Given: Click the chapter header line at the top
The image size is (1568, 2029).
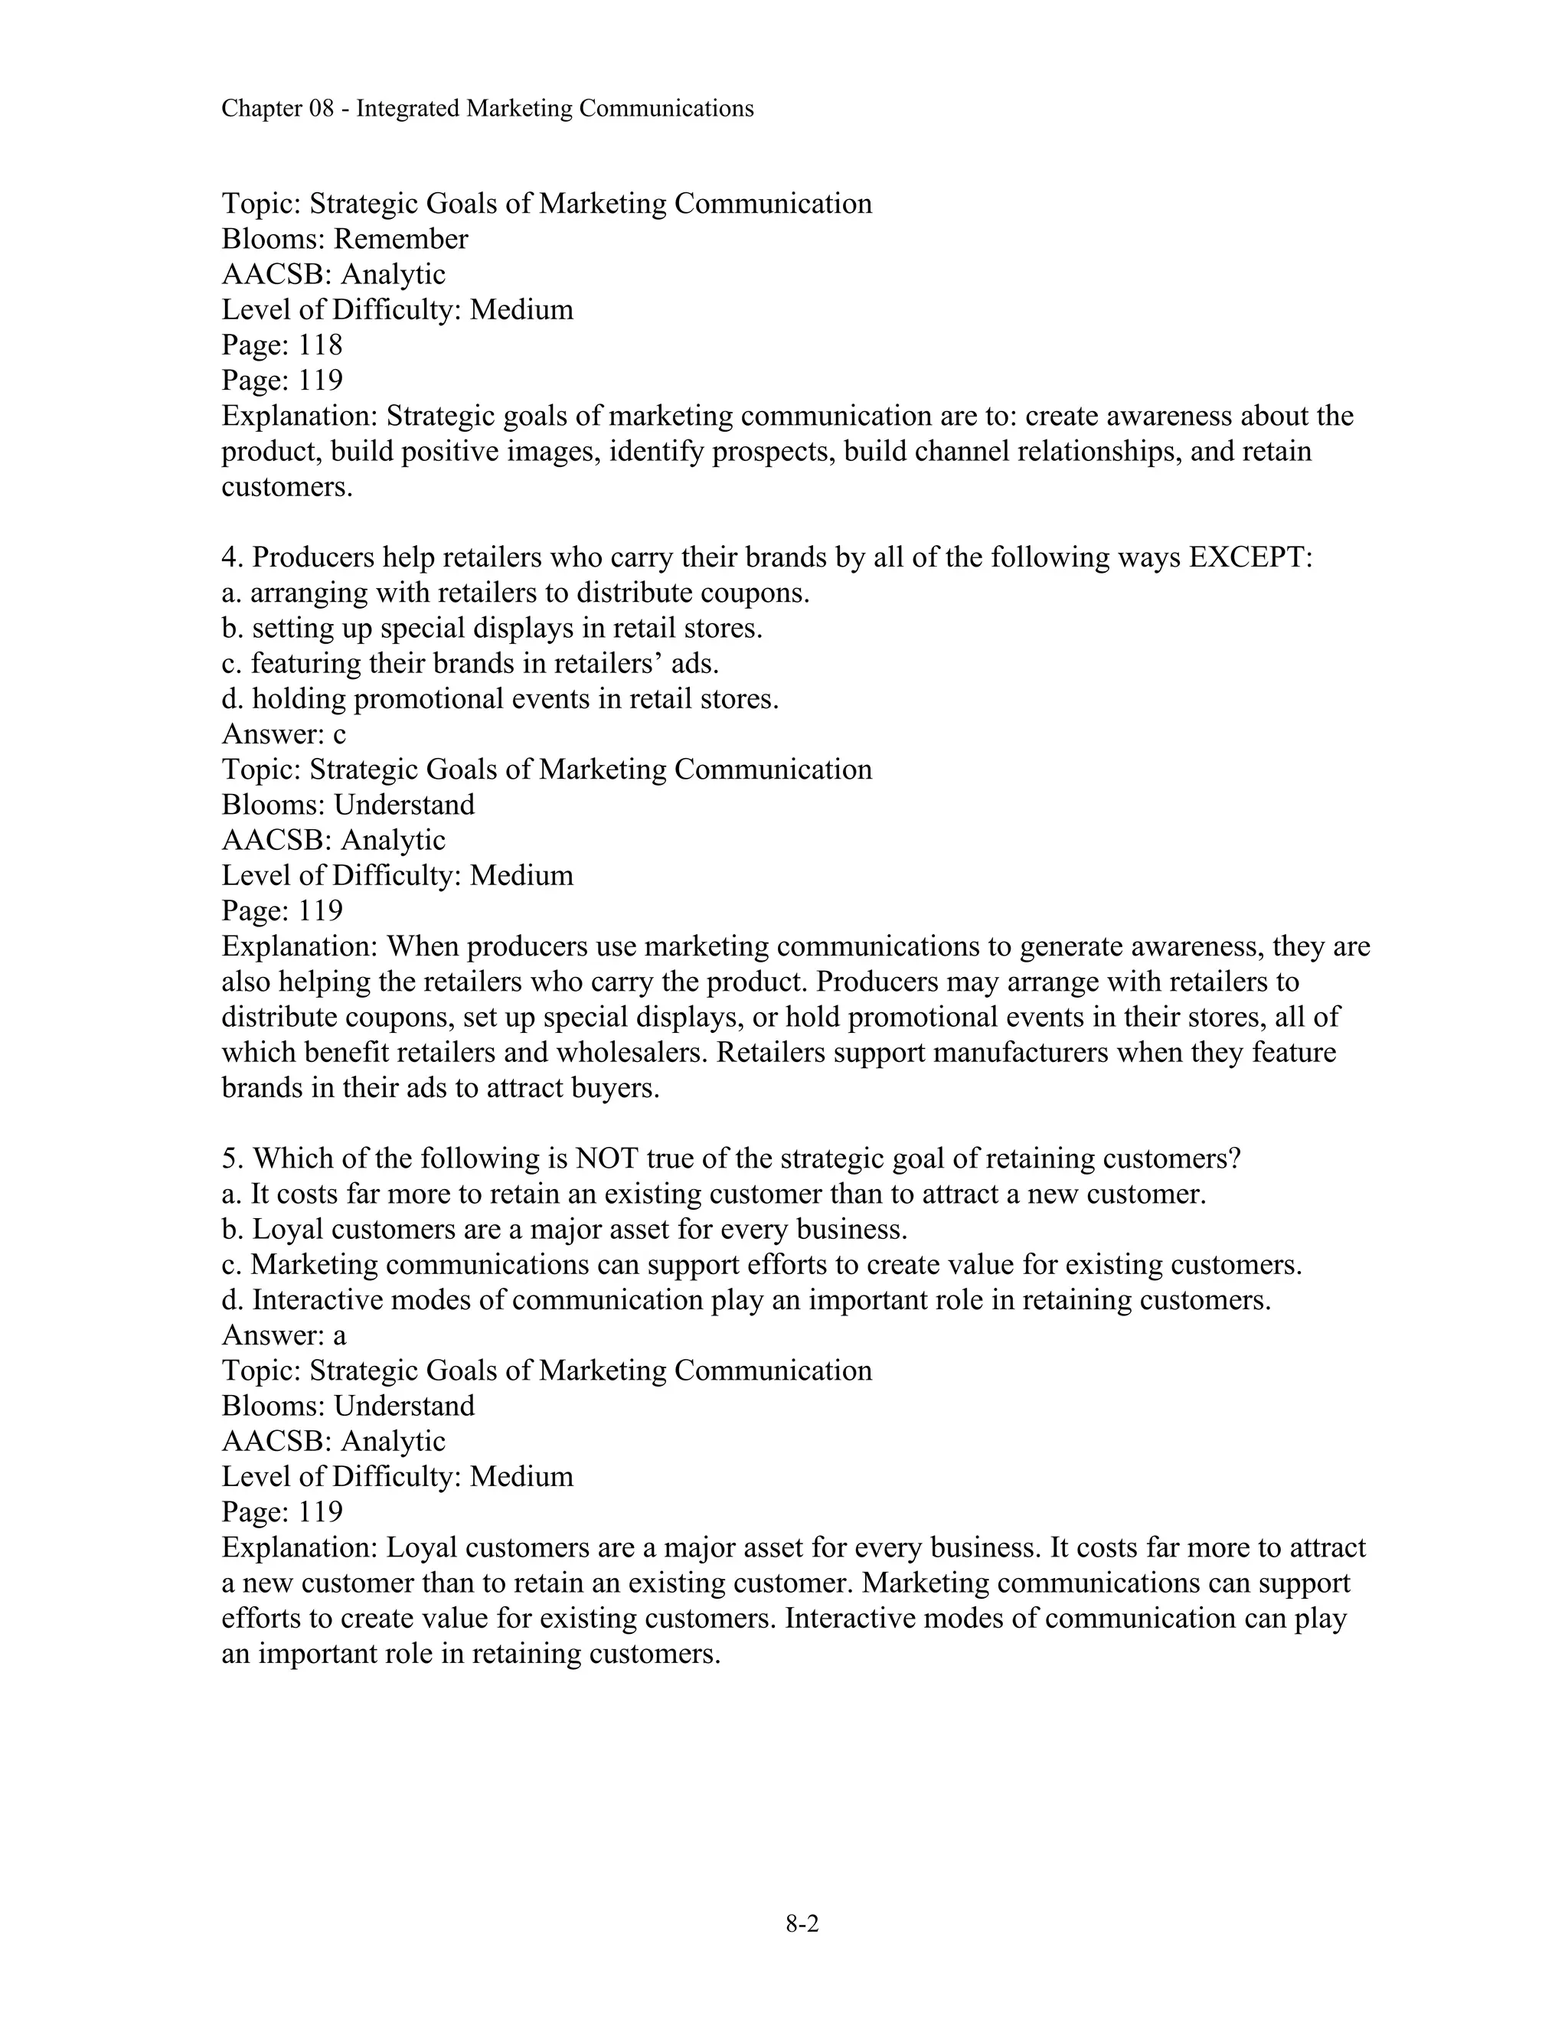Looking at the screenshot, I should (487, 109).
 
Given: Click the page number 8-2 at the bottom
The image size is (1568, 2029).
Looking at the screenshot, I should (802, 1924).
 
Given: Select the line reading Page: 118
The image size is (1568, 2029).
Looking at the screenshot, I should (282, 345).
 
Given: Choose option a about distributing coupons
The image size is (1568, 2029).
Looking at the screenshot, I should (515, 593).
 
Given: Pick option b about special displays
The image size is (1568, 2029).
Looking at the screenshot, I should (492, 628).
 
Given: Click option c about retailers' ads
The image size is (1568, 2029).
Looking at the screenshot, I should (470, 663).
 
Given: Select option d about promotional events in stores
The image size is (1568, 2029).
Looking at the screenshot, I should (500, 698).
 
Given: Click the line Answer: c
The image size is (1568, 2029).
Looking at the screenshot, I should (283, 734).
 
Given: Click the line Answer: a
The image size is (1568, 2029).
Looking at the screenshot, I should (283, 1335).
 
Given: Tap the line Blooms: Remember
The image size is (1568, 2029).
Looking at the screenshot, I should (345, 239).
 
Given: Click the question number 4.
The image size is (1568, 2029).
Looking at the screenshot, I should (230, 557).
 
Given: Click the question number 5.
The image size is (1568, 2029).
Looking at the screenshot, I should (230, 1158).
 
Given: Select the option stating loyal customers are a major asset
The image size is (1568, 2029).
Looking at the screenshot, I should (563, 1229).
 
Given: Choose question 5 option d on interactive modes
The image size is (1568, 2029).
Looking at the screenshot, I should (746, 1300).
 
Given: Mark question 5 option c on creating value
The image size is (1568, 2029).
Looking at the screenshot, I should (762, 1264).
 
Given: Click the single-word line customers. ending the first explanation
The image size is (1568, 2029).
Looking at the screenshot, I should (287, 487).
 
